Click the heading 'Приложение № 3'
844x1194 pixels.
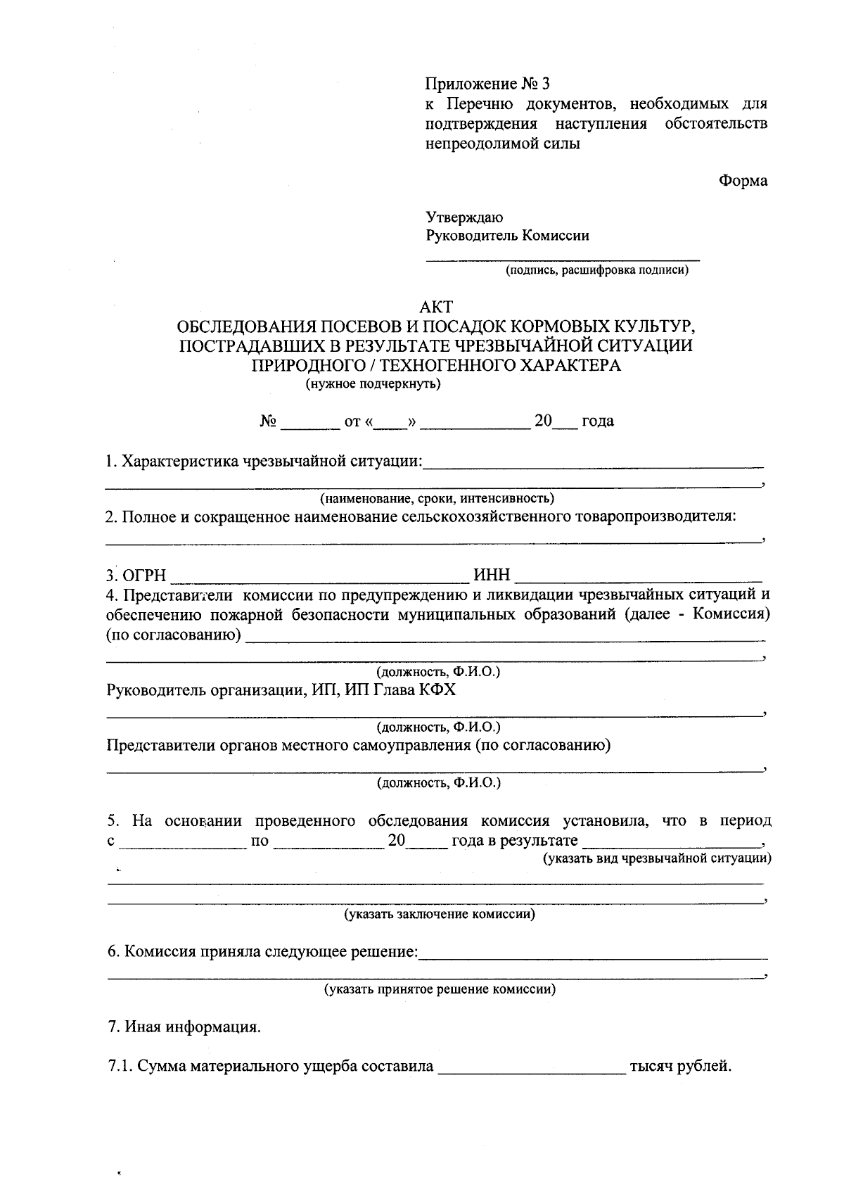click(x=487, y=84)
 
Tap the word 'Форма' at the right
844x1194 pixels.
click(x=743, y=181)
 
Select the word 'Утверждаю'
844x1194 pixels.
click(x=464, y=217)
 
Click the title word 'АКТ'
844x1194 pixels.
click(x=436, y=307)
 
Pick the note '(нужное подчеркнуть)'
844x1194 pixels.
click(x=373, y=384)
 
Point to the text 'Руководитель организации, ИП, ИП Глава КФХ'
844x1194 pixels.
click(x=281, y=690)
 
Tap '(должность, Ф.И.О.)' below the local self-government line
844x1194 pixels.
click(x=438, y=782)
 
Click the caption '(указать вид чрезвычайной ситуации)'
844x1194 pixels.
click(x=657, y=858)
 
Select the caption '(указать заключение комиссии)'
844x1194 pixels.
click(x=439, y=914)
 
